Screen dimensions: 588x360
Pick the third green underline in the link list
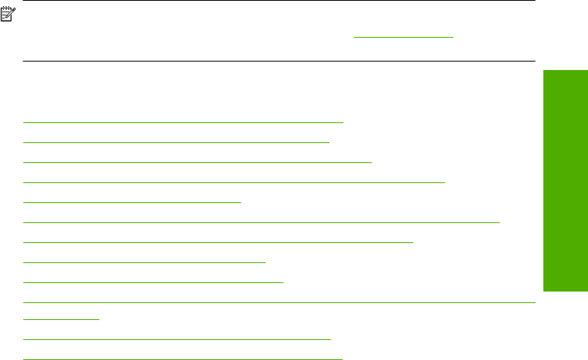[x=198, y=162]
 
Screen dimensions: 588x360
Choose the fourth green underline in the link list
[x=235, y=182]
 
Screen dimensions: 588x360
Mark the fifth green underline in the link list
[x=132, y=202]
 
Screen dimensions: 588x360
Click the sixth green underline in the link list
[x=262, y=222]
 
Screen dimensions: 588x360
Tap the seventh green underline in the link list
[x=219, y=242]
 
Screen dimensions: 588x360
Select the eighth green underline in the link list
[x=145, y=262]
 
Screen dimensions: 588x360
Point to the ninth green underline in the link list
[x=154, y=282]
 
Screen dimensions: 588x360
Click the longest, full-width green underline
[x=279, y=302]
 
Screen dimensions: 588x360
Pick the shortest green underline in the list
[x=62, y=318]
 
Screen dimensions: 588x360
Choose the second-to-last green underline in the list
[x=177, y=338]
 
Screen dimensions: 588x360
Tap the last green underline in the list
[x=183, y=358]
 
